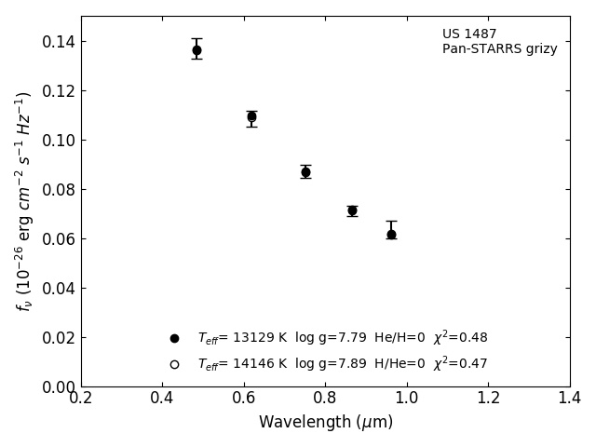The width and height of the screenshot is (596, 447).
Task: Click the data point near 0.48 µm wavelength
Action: pos(196,50)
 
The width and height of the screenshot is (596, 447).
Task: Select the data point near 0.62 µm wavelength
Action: pos(251,116)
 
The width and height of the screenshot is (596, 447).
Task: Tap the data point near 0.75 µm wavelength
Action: pos(305,172)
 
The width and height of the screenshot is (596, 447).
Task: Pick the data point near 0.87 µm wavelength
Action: pos(352,210)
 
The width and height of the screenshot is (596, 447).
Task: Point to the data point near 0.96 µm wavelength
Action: pos(391,235)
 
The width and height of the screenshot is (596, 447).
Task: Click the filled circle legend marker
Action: pos(174,338)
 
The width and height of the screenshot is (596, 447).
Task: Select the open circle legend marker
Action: pos(174,364)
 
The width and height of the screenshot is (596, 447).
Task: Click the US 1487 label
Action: pos(469,34)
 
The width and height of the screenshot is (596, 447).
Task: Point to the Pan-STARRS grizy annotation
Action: pos(499,49)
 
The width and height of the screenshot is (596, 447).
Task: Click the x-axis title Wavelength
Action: pos(325,423)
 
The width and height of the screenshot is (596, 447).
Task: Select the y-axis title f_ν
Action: pos(24,201)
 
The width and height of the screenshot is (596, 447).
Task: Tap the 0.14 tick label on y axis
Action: pos(58,42)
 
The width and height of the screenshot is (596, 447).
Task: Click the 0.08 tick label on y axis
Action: pos(58,190)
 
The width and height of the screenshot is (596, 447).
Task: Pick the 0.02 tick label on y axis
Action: pos(58,338)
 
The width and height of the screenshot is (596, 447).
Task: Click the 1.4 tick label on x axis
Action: pos(569,399)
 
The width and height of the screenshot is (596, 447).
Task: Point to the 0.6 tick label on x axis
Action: pos(244,399)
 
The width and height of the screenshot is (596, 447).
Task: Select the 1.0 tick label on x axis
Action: pos(407,399)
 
